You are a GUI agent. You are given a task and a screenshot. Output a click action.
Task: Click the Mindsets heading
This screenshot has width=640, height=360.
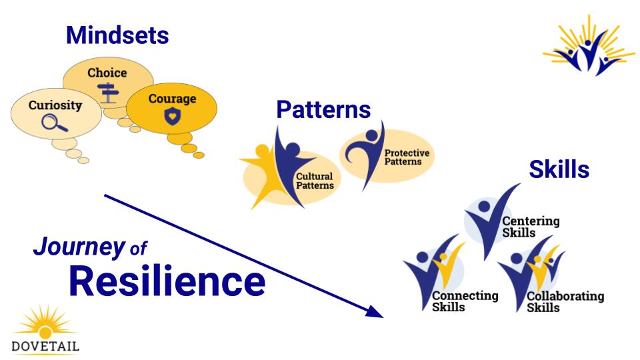[x=117, y=35]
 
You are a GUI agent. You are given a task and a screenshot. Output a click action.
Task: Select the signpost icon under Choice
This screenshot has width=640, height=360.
[x=107, y=93]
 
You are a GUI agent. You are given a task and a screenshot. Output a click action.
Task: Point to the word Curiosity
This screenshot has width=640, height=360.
[x=55, y=105]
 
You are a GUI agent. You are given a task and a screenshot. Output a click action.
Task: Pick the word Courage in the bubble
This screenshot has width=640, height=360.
[x=172, y=99]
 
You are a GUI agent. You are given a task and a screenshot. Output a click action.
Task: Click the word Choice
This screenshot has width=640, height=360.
[x=107, y=73]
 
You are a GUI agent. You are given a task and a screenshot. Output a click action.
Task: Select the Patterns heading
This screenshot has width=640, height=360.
[x=323, y=109]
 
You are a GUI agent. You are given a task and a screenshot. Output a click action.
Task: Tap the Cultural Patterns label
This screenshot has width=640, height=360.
[x=315, y=181]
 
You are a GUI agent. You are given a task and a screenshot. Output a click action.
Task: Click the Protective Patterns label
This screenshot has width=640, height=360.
[x=407, y=157]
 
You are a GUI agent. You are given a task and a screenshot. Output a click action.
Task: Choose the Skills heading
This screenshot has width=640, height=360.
[x=559, y=169]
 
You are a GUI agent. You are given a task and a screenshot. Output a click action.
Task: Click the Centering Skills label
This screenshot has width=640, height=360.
[x=530, y=227]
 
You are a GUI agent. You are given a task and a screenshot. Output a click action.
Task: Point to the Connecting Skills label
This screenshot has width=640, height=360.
[x=465, y=301]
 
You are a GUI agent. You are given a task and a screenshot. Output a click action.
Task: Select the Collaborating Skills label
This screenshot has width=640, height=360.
[x=565, y=301]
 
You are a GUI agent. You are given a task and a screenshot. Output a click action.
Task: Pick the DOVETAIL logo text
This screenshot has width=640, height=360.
[x=45, y=346]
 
